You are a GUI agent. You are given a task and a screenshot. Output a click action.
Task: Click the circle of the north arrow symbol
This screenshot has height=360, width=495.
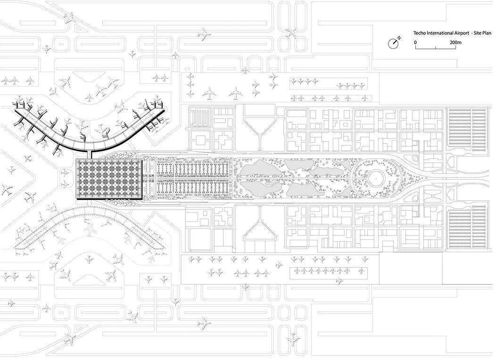(393, 43)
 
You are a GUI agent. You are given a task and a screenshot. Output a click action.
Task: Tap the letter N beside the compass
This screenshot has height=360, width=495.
(399, 37)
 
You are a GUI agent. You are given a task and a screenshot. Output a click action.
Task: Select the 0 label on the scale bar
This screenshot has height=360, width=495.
(415, 42)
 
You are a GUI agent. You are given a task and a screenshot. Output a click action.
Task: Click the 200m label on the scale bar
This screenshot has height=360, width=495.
(455, 42)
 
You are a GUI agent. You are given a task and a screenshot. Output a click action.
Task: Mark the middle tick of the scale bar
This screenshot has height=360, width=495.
(436, 48)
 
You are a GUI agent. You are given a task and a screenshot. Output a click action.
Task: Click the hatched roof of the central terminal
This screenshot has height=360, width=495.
(109, 179)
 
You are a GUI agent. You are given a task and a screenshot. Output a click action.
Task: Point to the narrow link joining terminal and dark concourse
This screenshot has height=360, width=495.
(91, 154)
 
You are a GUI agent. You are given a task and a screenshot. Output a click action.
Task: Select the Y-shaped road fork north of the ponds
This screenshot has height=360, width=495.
(259, 132)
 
